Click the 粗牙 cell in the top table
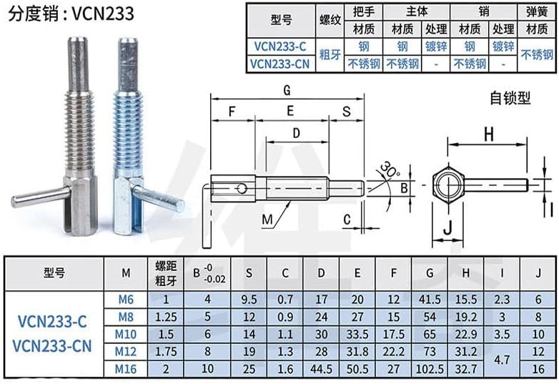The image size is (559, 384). tap(330, 55)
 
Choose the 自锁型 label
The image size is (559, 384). tap(510, 98)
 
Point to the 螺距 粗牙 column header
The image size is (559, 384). tap(165, 273)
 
